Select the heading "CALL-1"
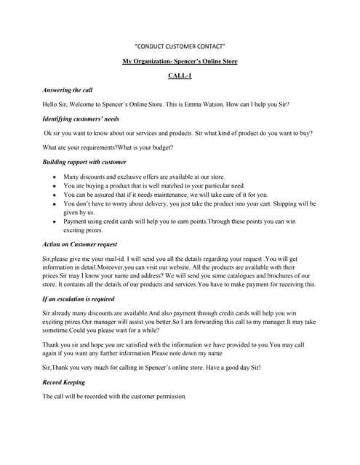click(180, 75)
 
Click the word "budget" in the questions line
click(158, 147)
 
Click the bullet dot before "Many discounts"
click(56, 177)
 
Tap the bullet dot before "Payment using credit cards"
click(56, 221)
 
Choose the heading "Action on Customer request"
click(80, 244)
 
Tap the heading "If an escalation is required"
click(79, 299)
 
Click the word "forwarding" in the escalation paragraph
click(213, 323)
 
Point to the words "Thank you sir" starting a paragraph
click(61, 345)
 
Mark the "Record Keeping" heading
click(64, 382)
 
